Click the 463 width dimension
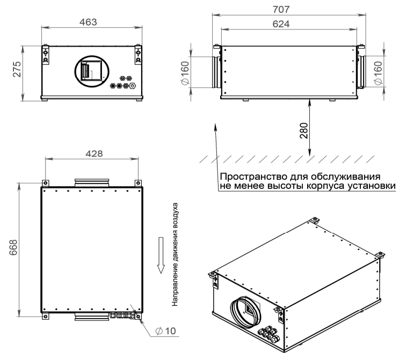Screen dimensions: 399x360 88,23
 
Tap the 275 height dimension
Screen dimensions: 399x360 18,69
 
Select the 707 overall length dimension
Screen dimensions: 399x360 281,10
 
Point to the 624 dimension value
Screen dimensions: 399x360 281,24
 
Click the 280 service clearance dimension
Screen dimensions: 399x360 304,131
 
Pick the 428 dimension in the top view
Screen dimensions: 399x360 94,153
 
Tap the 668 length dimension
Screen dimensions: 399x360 13,247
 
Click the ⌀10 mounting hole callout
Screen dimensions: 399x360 165,331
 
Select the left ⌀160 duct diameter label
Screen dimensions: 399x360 185,73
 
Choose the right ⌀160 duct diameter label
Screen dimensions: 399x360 378,73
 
